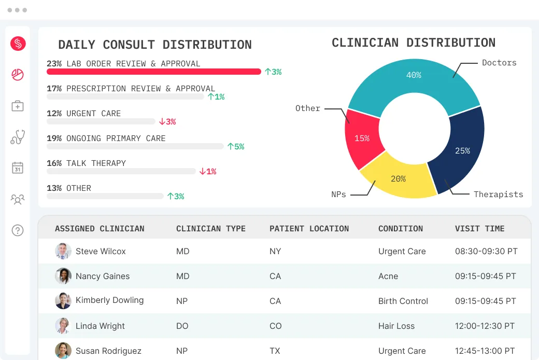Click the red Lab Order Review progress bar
tap(154, 72)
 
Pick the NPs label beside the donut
tap(338, 195)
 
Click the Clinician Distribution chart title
tap(414, 43)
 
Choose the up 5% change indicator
tap(236, 147)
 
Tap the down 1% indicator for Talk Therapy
tap(208, 172)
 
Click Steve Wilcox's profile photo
tap(63, 251)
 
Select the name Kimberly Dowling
tap(109, 300)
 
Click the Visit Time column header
tap(479, 229)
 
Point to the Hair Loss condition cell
tap(396, 326)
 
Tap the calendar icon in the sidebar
tap(18, 168)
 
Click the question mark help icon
tap(18, 230)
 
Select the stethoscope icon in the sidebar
tap(18, 137)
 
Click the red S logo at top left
tap(18, 44)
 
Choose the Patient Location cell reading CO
tap(275, 326)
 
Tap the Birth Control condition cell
tap(403, 301)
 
